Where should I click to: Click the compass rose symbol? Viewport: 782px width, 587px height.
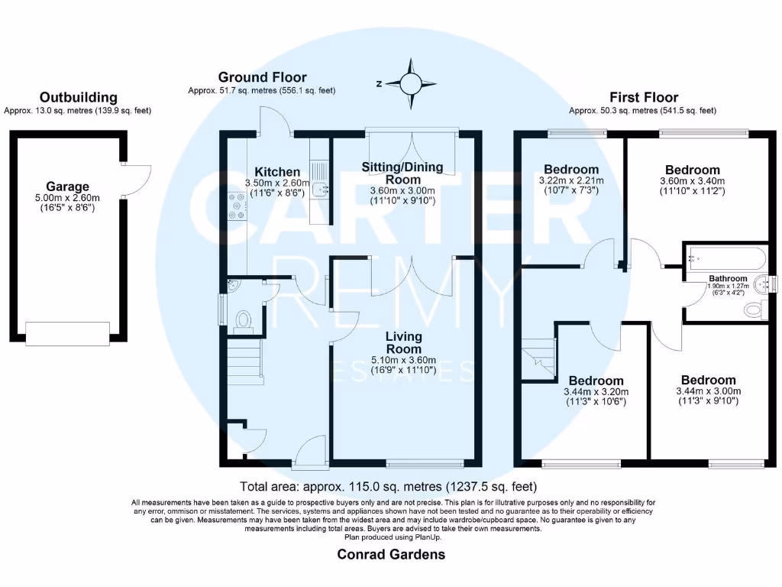point(411,83)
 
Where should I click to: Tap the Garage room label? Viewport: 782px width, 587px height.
point(69,186)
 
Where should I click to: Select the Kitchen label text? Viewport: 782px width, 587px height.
point(277,171)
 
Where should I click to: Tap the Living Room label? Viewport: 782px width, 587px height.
point(404,342)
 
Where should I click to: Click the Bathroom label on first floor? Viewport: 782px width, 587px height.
point(727,278)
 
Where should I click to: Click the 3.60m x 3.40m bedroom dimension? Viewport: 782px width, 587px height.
point(692,181)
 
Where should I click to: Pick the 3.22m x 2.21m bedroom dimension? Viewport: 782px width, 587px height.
point(571,181)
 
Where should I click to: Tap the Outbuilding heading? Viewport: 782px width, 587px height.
point(79,97)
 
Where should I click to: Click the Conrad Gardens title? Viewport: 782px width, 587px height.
point(391,554)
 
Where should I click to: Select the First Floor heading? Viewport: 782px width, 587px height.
point(643,97)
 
